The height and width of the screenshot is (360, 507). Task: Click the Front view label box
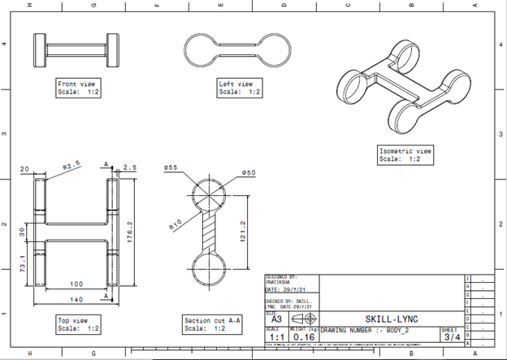[x=77, y=88]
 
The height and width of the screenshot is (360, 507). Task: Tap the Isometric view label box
[x=406, y=154]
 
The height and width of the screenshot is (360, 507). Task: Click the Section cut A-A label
[x=213, y=324]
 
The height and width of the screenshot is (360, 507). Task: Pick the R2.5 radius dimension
[x=74, y=166]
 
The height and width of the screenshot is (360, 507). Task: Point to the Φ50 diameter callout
[x=249, y=172]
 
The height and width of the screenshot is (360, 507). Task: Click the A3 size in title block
[x=276, y=320]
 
